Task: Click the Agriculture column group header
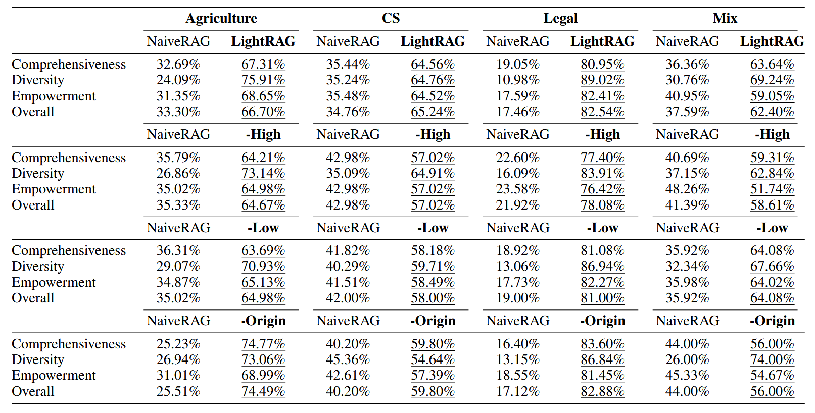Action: point(221,18)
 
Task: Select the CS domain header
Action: point(391,18)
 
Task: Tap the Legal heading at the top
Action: point(560,18)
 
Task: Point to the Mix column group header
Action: point(725,18)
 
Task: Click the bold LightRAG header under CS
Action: point(433,41)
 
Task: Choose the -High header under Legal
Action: point(602,134)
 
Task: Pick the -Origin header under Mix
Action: point(772,321)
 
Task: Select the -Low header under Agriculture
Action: point(263,228)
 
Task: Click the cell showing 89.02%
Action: point(602,80)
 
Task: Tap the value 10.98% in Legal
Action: point(517,80)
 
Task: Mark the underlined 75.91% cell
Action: point(263,80)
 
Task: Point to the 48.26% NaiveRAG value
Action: point(687,189)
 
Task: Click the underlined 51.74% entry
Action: point(772,189)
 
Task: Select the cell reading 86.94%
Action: point(602,266)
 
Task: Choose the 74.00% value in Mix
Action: point(772,359)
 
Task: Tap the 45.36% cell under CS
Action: point(348,359)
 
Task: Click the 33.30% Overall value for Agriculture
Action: point(178,112)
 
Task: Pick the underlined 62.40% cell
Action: point(772,112)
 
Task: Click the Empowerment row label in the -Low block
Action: point(54,282)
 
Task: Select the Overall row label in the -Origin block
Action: point(33,391)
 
